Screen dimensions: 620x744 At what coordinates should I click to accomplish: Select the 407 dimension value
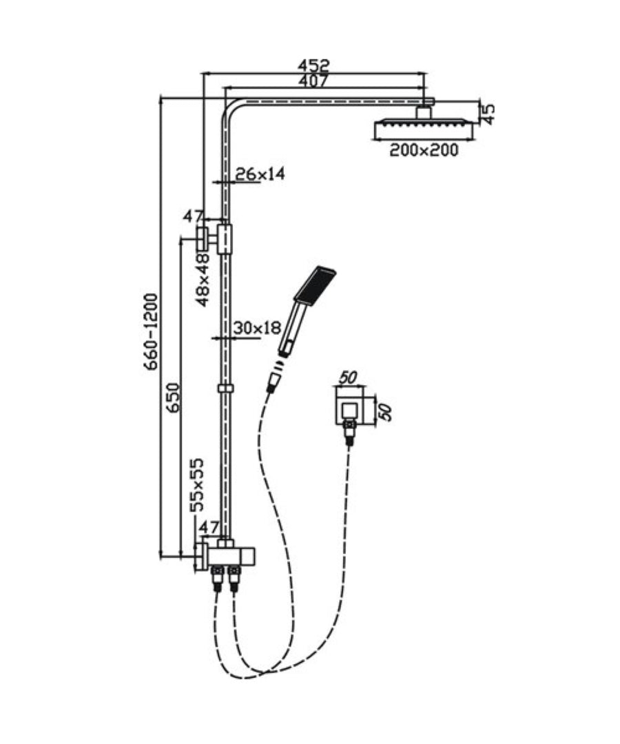[313, 81]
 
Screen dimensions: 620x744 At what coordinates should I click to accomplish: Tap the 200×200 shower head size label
[424, 150]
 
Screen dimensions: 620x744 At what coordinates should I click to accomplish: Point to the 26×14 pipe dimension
[260, 174]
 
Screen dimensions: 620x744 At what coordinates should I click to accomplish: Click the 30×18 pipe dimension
[257, 328]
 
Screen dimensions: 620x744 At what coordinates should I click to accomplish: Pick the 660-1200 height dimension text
[151, 331]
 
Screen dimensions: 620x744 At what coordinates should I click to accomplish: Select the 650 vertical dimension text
[174, 397]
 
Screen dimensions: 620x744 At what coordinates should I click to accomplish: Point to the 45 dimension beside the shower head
[488, 114]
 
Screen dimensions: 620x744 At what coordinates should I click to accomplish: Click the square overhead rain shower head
[424, 128]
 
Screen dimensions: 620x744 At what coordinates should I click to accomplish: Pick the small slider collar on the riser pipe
[226, 389]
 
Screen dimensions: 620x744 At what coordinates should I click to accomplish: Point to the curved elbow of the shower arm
[229, 112]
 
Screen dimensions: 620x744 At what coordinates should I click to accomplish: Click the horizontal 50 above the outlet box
[347, 378]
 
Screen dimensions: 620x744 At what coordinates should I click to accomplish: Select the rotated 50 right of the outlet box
[385, 412]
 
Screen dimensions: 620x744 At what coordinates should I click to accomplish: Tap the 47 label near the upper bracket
[193, 217]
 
